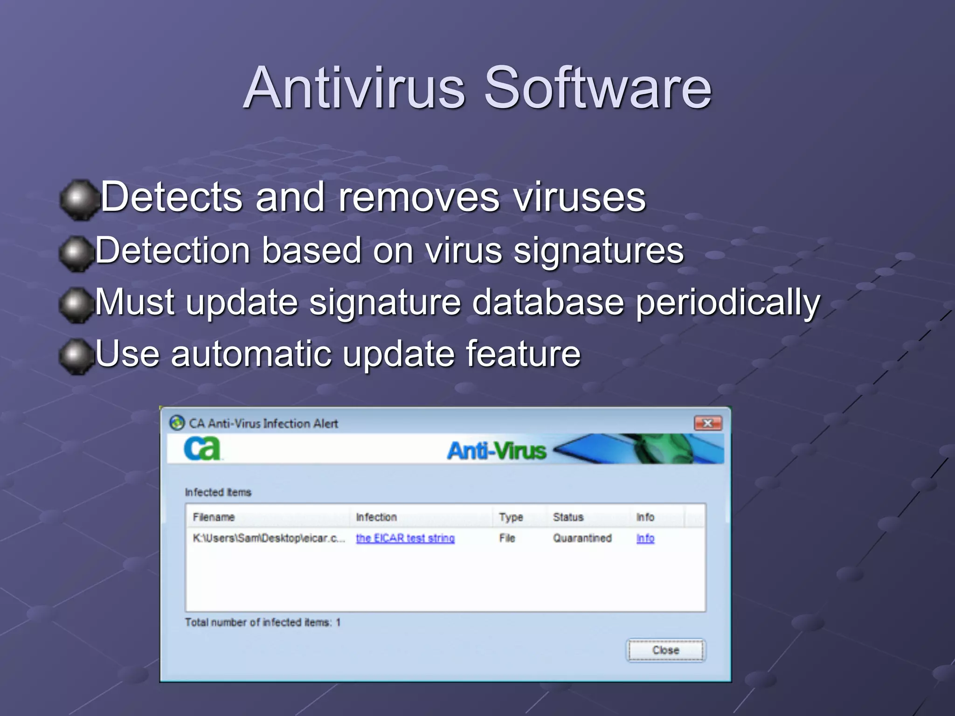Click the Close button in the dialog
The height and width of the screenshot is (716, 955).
(665, 650)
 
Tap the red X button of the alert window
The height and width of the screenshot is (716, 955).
(708, 423)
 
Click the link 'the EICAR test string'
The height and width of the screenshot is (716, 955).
(405, 538)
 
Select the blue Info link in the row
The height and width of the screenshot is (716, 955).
(645, 538)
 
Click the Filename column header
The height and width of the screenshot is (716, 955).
(214, 517)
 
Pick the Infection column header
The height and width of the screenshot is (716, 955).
(376, 517)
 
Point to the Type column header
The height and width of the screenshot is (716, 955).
(511, 517)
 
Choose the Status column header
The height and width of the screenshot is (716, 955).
(568, 517)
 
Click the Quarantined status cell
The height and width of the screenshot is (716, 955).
(582, 538)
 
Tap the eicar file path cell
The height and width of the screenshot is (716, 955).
(269, 538)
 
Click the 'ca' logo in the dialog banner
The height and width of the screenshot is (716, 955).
(202, 449)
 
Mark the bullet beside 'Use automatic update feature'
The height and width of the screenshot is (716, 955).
(76, 356)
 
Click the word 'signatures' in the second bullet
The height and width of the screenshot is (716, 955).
(598, 251)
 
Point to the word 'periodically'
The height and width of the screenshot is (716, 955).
(727, 303)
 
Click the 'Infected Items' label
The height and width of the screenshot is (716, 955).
(218, 492)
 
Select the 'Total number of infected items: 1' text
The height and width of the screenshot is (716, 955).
(263, 622)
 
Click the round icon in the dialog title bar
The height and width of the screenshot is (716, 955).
(177, 423)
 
